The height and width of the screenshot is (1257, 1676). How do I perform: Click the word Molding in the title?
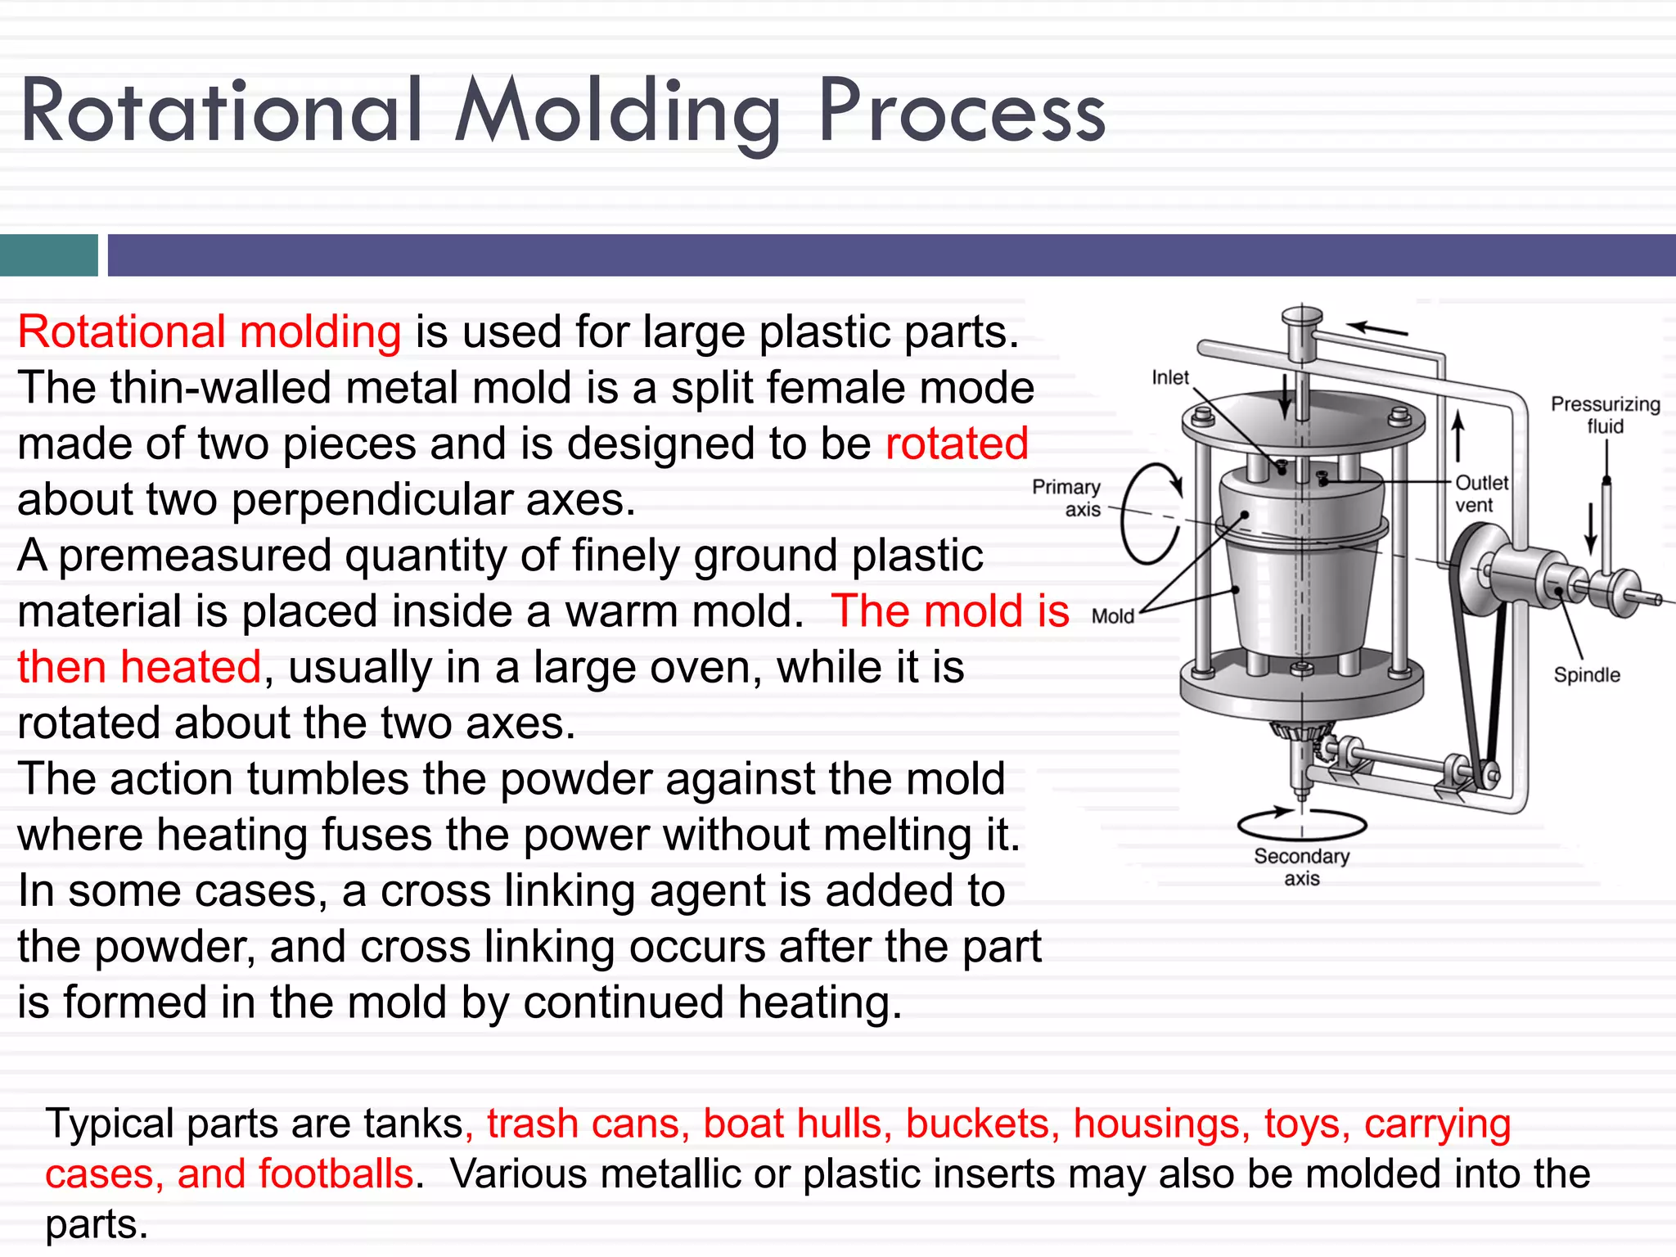click(x=618, y=112)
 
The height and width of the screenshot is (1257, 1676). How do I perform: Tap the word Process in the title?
click(x=962, y=112)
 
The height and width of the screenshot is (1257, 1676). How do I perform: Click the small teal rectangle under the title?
click(x=48, y=255)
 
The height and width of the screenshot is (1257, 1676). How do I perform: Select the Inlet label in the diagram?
click(x=1169, y=377)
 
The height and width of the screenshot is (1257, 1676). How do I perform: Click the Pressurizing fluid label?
click(x=1605, y=415)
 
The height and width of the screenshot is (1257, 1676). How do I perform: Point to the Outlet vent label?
click(x=1480, y=493)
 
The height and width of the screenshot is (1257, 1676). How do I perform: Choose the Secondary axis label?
click(x=1301, y=867)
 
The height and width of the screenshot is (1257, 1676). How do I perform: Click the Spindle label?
click(x=1586, y=675)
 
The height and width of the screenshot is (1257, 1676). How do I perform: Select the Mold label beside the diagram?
click(x=1112, y=616)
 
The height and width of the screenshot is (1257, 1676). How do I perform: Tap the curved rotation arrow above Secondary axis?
click(x=1301, y=823)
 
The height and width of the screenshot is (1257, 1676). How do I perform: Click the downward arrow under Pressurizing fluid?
click(x=1590, y=528)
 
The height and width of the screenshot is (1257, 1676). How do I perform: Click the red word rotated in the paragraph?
click(x=956, y=444)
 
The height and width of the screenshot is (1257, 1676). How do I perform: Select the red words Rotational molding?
click(x=209, y=332)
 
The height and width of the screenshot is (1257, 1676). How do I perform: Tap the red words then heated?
click(x=139, y=667)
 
